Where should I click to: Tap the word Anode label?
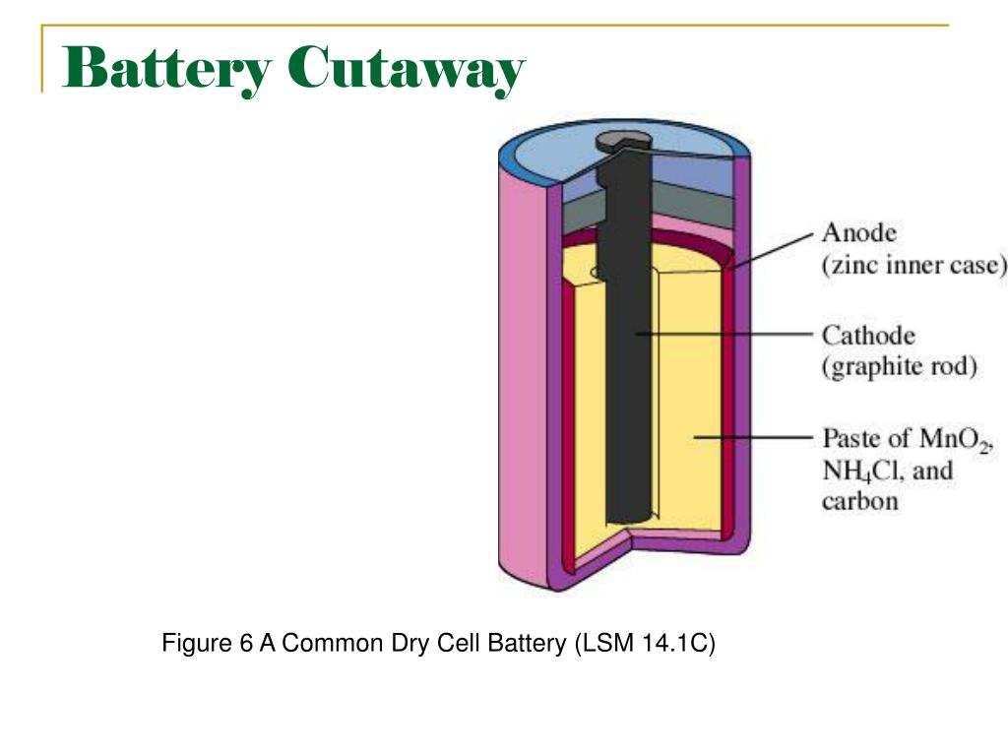pyautogui.click(x=859, y=234)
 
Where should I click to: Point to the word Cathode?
pyautogui.click(x=869, y=336)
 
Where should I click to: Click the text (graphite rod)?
pyautogui.click(x=900, y=367)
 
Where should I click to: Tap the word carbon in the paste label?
pyautogui.click(x=859, y=501)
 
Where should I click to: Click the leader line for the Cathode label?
pyautogui.click(x=728, y=335)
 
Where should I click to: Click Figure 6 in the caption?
pyautogui.click(x=207, y=645)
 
